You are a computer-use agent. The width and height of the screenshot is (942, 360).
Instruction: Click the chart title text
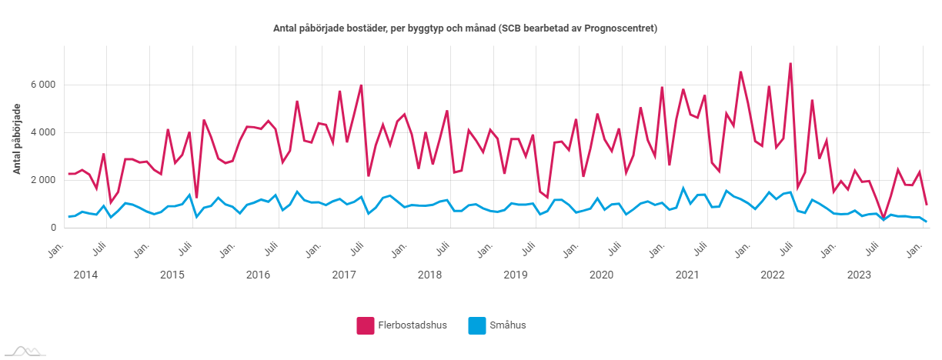click(x=471, y=28)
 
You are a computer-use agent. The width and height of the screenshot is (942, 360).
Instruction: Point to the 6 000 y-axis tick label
click(x=43, y=85)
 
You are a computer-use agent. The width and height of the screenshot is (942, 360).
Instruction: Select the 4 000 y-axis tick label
click(x=43, y=132)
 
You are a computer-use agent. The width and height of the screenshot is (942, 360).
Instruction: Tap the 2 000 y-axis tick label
click(x=43, y=180)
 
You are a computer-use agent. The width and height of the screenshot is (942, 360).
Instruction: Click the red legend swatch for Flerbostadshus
click(x=365, y=325)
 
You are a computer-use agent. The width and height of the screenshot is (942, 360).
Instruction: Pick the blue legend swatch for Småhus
click(x=477, y=325)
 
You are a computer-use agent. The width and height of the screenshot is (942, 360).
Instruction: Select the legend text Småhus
click(x=508, y=325)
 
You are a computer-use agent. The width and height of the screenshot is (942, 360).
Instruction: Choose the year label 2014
click(x=86, y=275)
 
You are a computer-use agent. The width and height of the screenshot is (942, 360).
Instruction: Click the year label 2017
click(x=344, y=275)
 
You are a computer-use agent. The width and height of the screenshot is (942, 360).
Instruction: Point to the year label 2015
click(x=172, y=275)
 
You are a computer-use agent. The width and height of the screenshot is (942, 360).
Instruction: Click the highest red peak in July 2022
click(x=790, y=64)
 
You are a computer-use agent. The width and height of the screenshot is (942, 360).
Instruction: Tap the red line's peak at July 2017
click(x=361, y=85)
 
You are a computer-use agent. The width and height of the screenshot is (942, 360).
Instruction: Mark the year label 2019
click(x=516, y=275)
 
